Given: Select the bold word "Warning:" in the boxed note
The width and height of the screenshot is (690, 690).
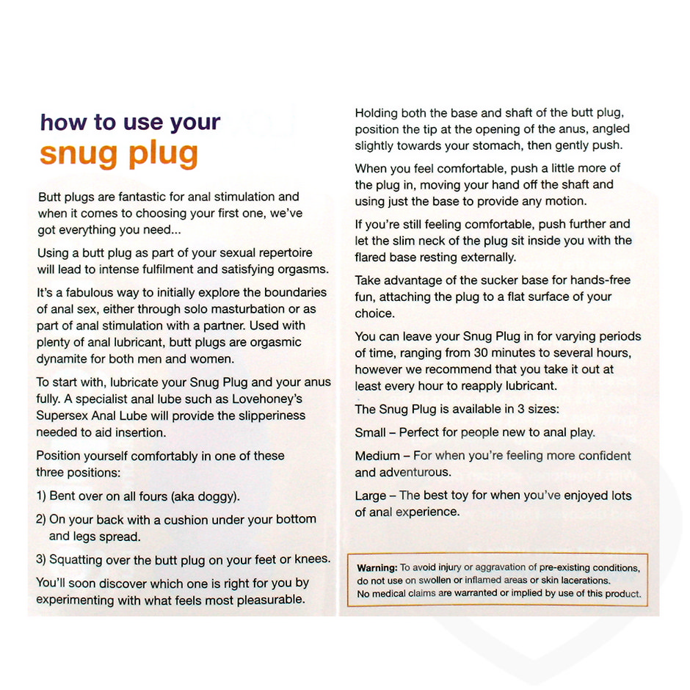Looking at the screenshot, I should tap(377, 568).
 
